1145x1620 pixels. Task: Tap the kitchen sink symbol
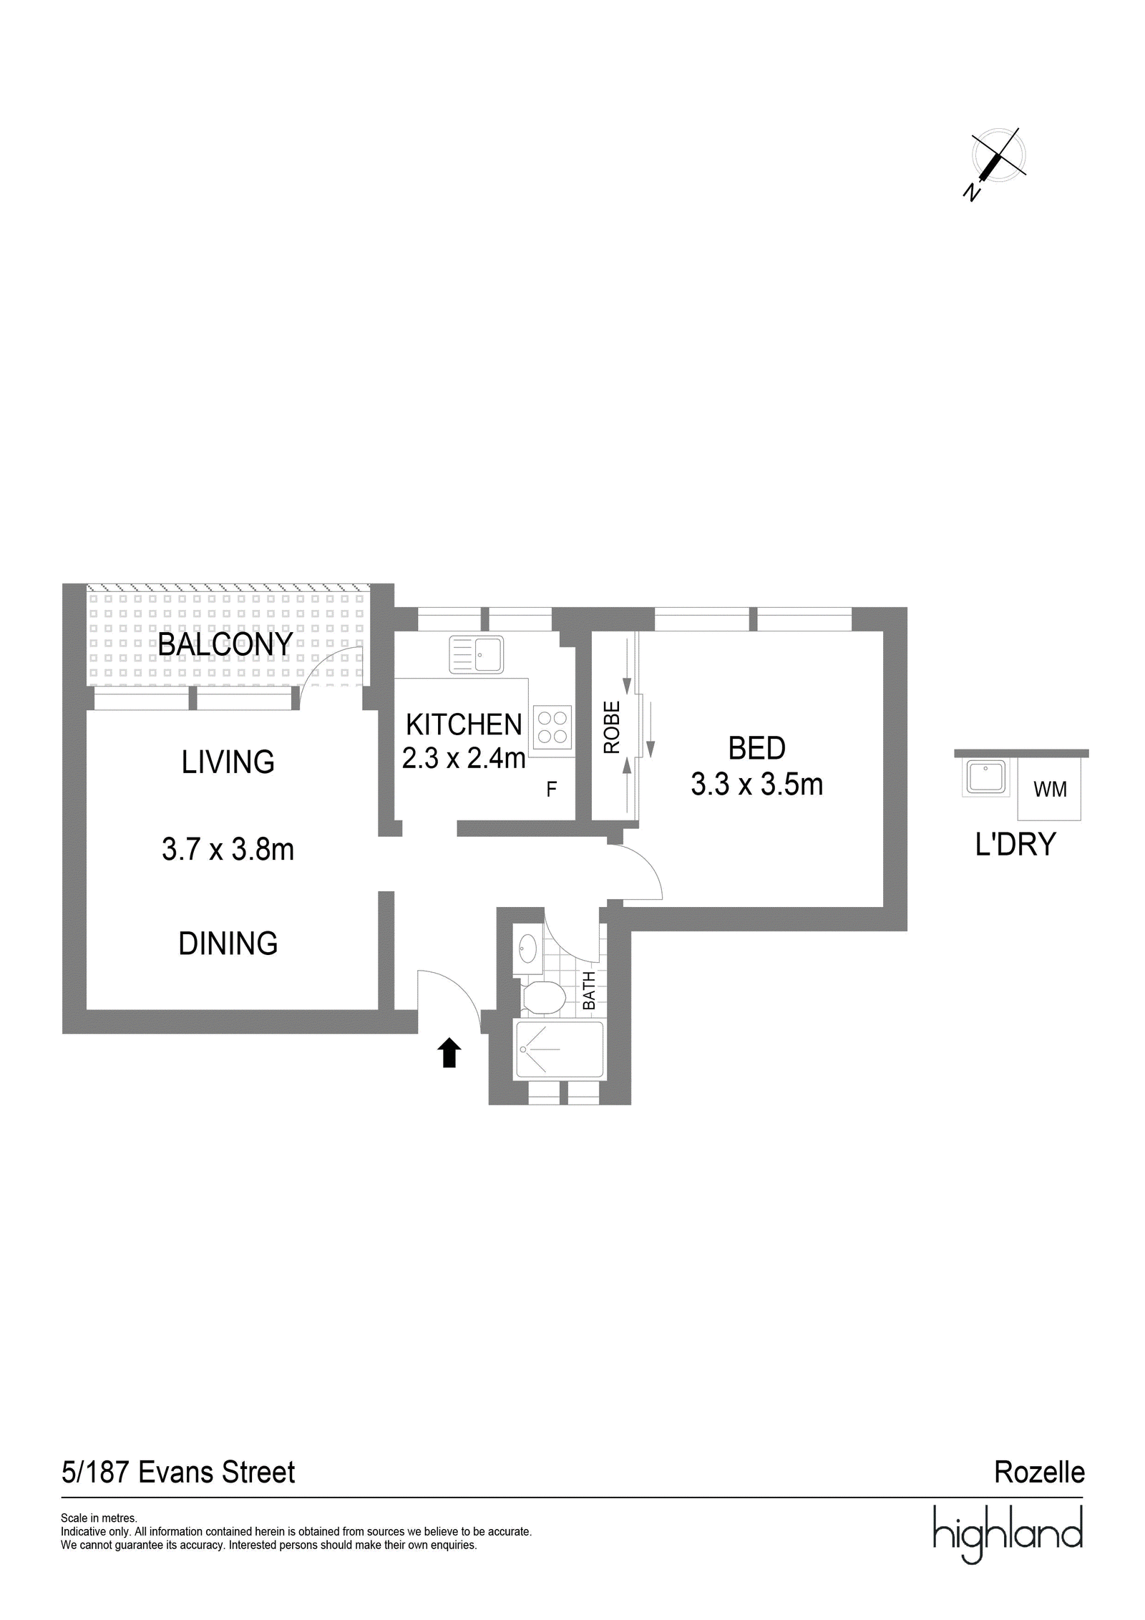point(476,654)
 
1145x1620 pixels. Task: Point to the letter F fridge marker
point(551,790)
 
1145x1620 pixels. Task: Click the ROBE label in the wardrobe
point(611,727)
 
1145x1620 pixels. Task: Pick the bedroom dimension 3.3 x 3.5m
point(756,785)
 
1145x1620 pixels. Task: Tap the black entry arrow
point(449,1053)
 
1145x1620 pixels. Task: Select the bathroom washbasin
point(527,949)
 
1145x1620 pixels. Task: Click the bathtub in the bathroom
point(559,1049)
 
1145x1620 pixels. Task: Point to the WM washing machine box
point(1049,789)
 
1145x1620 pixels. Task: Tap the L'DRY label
point(1015,845)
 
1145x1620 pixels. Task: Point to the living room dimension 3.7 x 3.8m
point(228,850)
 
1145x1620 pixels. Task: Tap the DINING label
point(228,944)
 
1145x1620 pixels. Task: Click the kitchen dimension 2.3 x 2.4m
point(464,757)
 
